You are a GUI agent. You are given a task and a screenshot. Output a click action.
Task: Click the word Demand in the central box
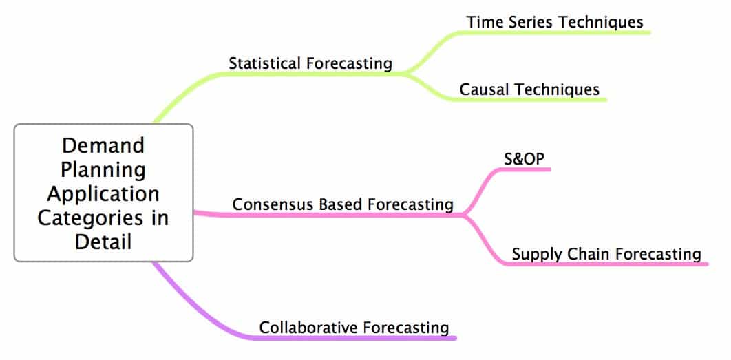coord(103,145)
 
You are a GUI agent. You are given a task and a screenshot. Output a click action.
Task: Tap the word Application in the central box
coord(103,193)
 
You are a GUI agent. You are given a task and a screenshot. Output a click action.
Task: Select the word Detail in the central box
coord(103,242)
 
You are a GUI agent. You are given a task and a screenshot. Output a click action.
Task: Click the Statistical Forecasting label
coord(310,63)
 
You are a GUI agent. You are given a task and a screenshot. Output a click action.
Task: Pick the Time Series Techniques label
coord(555,22)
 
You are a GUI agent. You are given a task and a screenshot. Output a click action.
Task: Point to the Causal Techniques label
coord(529,89)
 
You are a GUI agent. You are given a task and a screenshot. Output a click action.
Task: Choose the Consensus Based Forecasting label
coord(343,204)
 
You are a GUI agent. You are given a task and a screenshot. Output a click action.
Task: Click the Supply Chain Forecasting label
coord(606,254)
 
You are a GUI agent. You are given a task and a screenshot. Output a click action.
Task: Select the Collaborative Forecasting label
coord(354,328)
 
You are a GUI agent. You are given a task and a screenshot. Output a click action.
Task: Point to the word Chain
coord(589,254)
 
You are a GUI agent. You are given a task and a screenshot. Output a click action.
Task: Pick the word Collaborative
coord(308,328)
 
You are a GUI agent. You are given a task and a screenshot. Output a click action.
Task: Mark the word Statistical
coord(264,63)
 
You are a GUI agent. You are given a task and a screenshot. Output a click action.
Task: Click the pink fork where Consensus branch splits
coord(463,215)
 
